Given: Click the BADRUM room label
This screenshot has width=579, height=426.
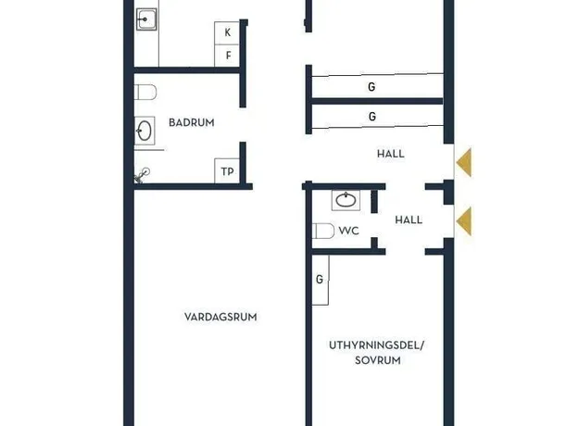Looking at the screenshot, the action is pos(191,122).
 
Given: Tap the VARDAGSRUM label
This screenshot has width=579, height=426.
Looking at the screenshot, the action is pos(220,317).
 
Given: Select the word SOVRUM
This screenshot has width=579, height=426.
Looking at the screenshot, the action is pos(378,360).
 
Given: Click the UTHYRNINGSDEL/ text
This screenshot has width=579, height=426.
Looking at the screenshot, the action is pos(377,345).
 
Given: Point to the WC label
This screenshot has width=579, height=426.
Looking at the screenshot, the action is pos(348,232).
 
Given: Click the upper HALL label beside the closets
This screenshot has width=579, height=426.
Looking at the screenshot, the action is pos(391,154).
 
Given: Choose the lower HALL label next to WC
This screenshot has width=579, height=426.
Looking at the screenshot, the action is pos(409,220).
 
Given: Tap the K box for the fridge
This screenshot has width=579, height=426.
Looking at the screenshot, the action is pos(227,32).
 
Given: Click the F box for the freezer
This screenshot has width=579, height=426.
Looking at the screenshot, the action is pos(227,56).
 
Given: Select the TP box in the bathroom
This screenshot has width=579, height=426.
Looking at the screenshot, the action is pos(227,171).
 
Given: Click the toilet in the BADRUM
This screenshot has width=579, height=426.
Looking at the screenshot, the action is pos(145,93).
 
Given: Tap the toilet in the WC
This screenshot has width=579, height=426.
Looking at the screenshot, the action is pos(323,232).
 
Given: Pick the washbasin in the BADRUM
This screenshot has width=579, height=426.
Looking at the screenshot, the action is pos(145,131).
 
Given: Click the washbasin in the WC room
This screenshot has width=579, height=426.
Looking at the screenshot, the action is pos(346,200).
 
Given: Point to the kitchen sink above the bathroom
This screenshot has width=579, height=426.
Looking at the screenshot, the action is pos(146,19).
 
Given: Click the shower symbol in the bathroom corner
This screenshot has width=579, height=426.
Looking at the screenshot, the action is pos(142,175).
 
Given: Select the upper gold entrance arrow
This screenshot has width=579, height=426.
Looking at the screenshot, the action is pos(464,162).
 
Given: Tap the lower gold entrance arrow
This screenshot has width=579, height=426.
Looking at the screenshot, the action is pos(464,221).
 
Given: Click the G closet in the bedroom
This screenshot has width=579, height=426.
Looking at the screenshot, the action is pos(321,281).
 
